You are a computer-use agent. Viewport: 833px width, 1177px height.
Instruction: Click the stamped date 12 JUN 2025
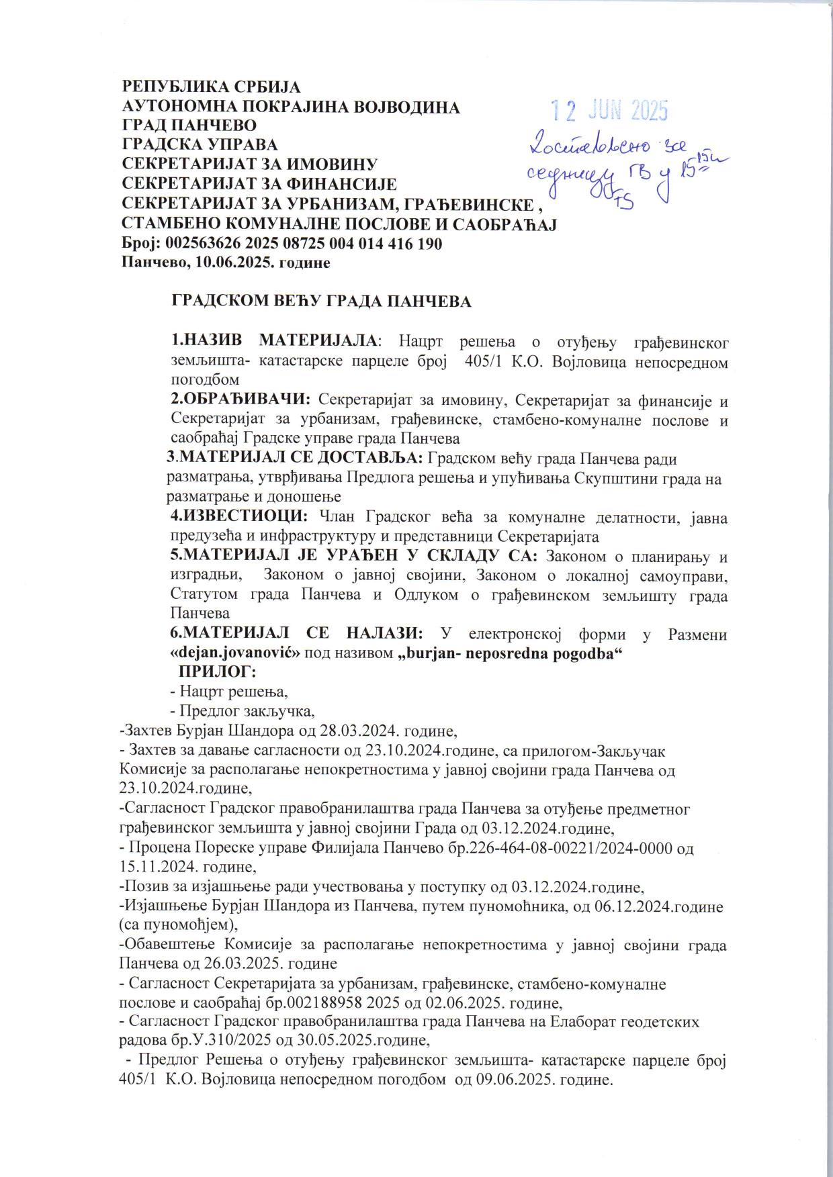pyautogui.click(x=609, y=109)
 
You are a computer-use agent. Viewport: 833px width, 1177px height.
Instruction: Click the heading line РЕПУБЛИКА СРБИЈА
pyautogui.click(x=211, y=87)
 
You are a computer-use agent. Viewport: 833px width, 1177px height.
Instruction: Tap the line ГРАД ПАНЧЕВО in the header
pyautogui.click(x=189, y=126)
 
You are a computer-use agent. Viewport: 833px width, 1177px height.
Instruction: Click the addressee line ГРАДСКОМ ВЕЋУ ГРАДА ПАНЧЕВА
pyautogui.click(x=322, y=301)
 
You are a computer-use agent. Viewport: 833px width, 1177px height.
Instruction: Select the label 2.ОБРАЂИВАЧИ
pyautogui.click(x=240, y=400)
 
